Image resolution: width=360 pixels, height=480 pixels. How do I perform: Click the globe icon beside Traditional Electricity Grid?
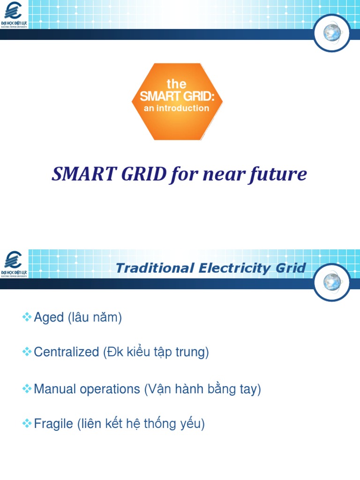tap(332, 281)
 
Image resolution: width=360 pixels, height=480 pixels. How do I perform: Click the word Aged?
tap(49, 318)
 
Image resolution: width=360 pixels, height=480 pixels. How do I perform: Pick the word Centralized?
tap(67, 352)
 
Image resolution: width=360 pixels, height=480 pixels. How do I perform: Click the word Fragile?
tap(53, 424)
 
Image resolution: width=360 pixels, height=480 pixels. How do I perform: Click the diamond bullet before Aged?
tap(27, 317)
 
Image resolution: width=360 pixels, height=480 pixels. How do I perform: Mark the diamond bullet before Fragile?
tap(27, 424)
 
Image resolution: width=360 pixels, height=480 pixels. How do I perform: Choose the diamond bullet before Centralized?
tap(27, 352)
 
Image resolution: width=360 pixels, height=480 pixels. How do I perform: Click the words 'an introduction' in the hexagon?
tap(176, 108)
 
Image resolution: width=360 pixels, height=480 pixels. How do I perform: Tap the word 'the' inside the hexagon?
tap(176, 84)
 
